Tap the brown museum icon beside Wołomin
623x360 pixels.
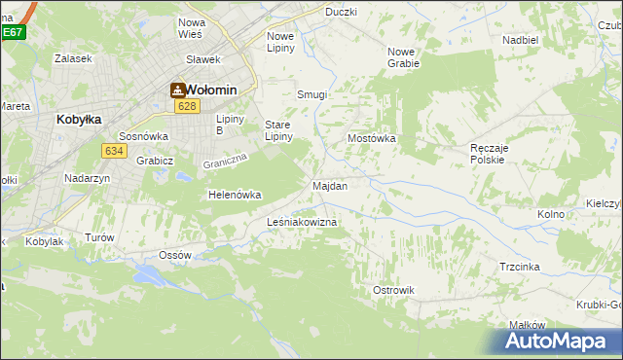[178, 90]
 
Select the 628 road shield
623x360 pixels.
[188, 107]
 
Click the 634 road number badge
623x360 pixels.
[113, 150]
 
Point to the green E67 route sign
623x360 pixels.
[12, 32]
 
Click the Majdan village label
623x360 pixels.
[330, 185]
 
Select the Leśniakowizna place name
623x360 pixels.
[302, 223]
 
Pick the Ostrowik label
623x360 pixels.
[393, 290]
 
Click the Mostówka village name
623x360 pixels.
[372, 138]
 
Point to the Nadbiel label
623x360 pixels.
[521, 40]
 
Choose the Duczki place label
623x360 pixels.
[341, 12]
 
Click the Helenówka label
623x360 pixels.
[235, 195]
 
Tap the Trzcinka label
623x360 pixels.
[520, 267]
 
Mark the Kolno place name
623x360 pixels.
[551, 214]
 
